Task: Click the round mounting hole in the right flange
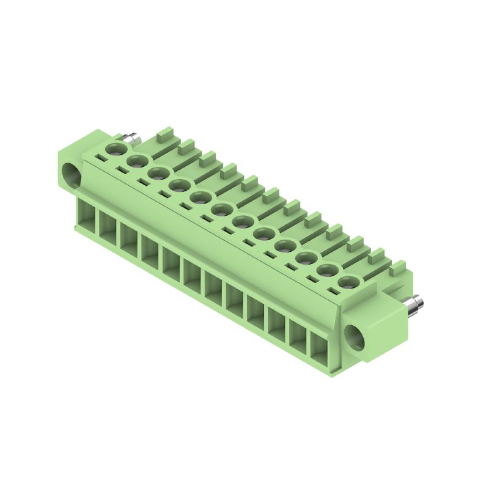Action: (354, 336)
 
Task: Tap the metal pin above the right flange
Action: (414, 303)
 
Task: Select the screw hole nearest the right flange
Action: (348, 282)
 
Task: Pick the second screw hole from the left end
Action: (136, 161)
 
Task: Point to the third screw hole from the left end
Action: (157, 173)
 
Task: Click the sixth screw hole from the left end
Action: (221, 210)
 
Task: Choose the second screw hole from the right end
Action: (327, 270)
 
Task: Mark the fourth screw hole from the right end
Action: (285, 246)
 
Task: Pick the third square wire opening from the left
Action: (129, 239)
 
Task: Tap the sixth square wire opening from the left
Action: (193, 276)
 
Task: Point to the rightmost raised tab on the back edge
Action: (398, 267)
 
